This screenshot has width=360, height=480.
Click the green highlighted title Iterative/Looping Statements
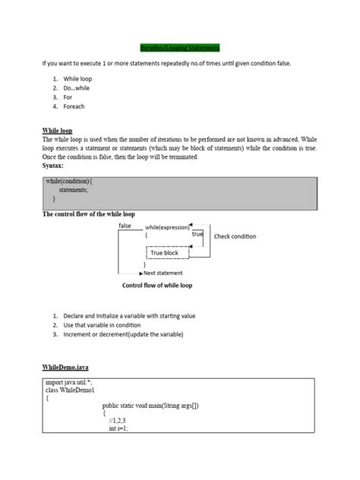tap(179, 47)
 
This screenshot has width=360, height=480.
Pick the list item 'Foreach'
tap(74, 106)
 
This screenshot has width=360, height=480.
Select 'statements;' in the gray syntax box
tap(78, 191)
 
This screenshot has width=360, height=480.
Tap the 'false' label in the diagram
tap(125, 226)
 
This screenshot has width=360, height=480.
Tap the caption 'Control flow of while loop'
tap(157, 286)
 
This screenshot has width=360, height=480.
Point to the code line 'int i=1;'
tap(118, 428)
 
